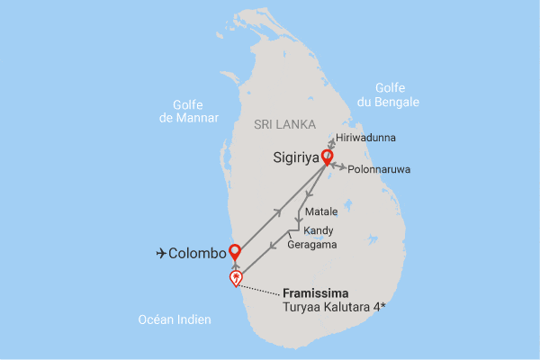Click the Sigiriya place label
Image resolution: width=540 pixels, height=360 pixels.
(298, 158)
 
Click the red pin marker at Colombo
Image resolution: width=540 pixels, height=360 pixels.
(235, 251)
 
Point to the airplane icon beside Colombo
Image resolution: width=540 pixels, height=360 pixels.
(162, 254)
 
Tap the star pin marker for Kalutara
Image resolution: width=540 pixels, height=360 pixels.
(237, 278)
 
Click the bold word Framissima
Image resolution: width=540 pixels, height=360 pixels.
(316, 293)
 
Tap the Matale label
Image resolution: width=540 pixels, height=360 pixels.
(321, 211)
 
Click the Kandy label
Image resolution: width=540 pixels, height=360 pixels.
(319, 230)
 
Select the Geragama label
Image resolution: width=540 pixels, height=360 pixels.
(311, 244)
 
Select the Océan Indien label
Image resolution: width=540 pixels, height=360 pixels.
(175, 319)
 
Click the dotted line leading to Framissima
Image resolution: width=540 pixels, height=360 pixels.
(261, 288)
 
